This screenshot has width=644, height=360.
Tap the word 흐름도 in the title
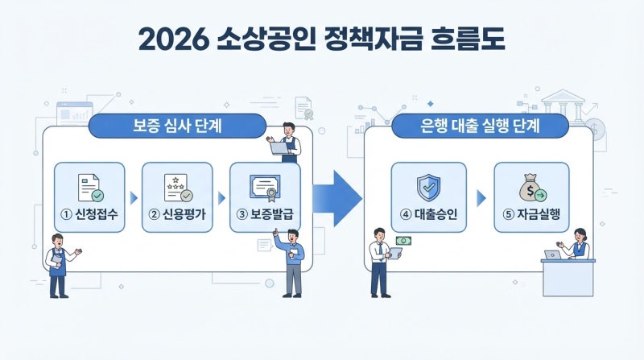pos(468,39)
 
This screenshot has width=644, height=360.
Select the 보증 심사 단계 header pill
pos(177,126)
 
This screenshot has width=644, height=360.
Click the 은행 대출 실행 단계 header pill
pos(480,126)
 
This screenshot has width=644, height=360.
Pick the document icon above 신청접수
pos(90,188)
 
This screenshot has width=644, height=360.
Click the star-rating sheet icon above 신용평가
pos(178,188)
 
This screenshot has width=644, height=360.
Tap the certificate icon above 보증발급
pos(266,188)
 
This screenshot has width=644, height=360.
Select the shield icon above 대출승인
pos(428,188)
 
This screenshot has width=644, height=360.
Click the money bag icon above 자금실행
pos(532,188)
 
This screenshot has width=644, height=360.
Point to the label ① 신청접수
pos(89,214)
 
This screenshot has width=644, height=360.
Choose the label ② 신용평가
pos(177,214)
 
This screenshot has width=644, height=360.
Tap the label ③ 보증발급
pos(265,214)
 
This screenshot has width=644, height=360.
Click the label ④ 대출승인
pos(428,214)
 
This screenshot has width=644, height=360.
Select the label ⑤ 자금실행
pos(531,214)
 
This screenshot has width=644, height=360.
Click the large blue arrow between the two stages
pos(337,198)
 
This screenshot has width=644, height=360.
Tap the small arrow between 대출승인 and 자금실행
pos(481,198)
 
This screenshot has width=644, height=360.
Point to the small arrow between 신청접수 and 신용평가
pos(134,198)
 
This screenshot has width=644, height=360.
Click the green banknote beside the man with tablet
pos(403,241)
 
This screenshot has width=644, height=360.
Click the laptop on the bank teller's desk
pos(552,254)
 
